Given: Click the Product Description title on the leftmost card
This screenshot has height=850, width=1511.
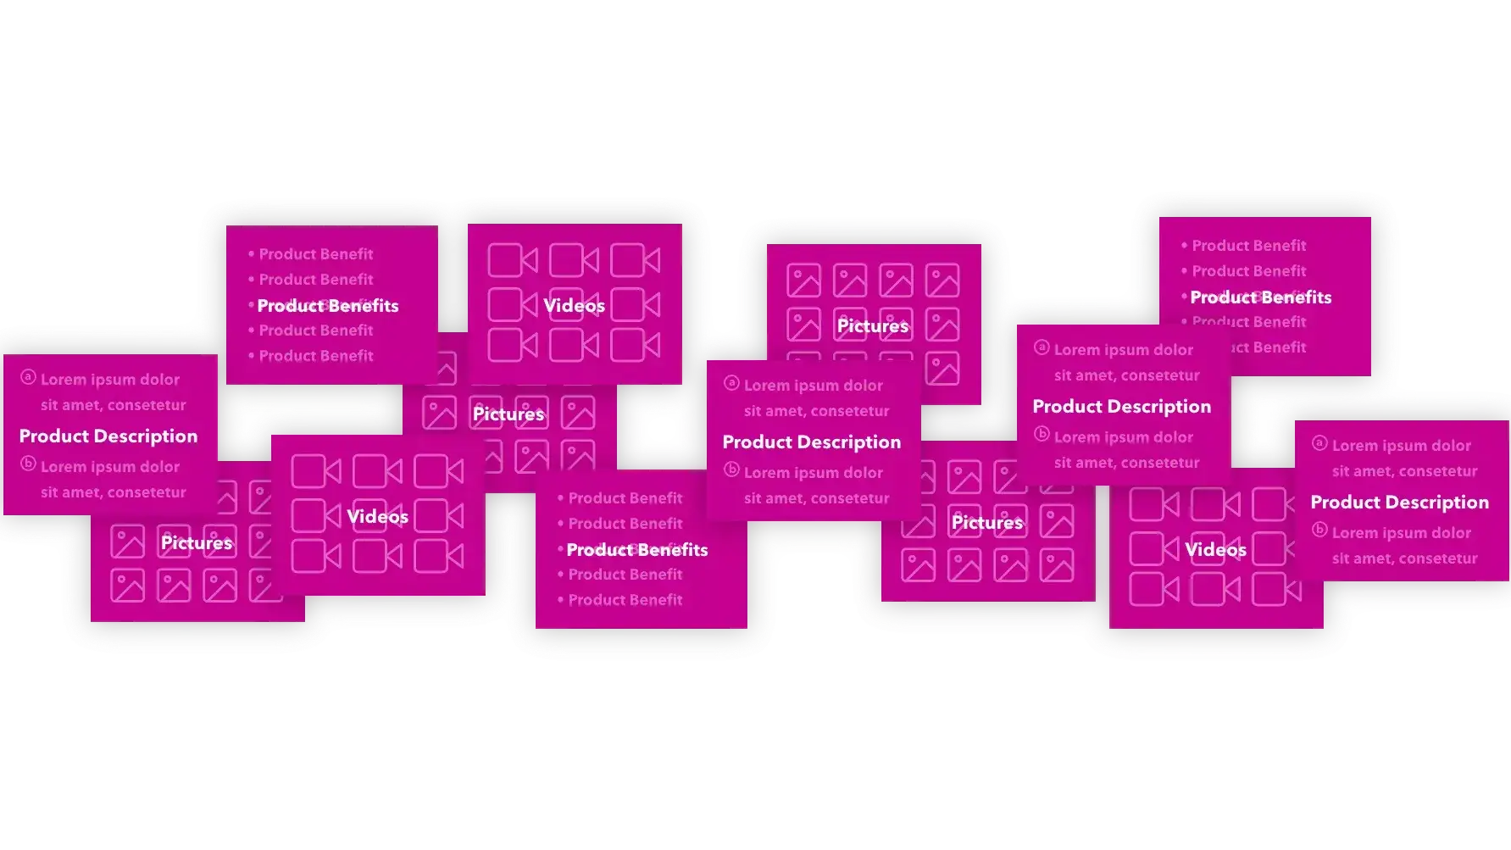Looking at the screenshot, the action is (x=108, y=436).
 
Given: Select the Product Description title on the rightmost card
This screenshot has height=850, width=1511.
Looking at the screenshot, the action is (x=1399, y=503).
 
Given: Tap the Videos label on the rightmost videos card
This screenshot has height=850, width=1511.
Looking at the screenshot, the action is (x=1215, y=550).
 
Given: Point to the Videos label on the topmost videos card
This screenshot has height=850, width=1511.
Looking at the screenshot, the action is (x=574, y=306).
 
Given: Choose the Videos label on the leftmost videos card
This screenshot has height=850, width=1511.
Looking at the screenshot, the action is (x=377, y=517).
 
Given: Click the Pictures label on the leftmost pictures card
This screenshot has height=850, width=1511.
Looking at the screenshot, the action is (x=197, y=543).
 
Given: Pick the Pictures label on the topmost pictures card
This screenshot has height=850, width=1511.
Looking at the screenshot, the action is (x=872, y=326).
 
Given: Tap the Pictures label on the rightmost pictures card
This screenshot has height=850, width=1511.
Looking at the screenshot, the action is (x=986, y=523).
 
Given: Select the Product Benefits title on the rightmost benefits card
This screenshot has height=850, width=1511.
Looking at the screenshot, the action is (x=1260, y=297).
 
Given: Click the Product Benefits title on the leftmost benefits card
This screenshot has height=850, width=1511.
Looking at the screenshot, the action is (x=327, y=306).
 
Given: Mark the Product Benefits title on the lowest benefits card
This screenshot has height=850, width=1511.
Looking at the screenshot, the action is (x=636, y=550).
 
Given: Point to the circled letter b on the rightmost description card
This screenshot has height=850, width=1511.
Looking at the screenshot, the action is (x=1319, y=531).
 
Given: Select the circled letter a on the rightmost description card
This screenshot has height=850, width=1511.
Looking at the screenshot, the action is (x=1319, y=443).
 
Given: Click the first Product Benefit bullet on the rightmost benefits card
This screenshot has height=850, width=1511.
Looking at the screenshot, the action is (x=1248, y=246).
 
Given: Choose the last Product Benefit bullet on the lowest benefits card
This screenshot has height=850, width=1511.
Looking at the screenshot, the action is (x=625, y=600).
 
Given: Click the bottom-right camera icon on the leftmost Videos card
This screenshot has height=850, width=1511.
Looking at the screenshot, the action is (x=438, y=557).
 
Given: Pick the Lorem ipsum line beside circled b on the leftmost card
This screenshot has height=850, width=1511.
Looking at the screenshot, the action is (x=110, y=467).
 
